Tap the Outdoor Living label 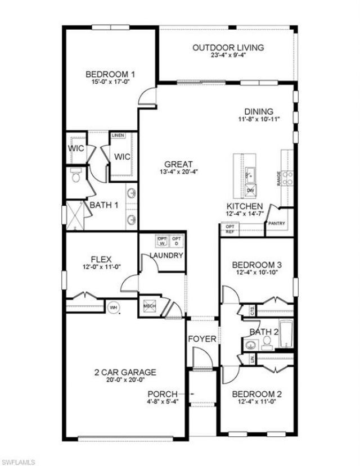[x=228, y=48]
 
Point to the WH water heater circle [x=113, y=307]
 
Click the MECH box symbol [x=150, y=306]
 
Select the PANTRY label [x=277, y=224]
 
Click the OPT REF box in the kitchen [x=229, y=229]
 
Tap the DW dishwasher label [x=250, y=191]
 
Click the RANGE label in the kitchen [x=278, y=178]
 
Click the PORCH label [x=163, y=393]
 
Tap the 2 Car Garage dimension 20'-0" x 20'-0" [x=125, y=381]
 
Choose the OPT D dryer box [x=176, y=241]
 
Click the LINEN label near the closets [x=118, y=136]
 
